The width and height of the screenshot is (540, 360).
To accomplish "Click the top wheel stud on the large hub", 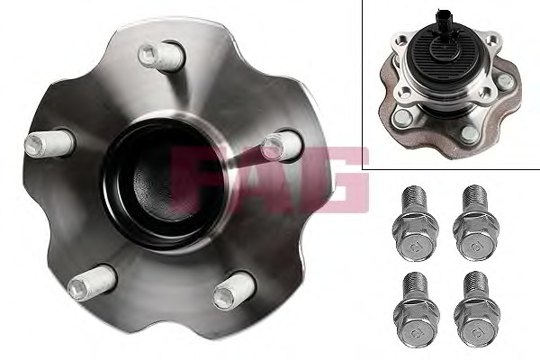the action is pos(161,56).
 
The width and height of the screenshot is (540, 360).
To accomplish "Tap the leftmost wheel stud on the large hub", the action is pos(49,143).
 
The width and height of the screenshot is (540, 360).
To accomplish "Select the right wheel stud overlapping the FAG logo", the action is pos(282,146).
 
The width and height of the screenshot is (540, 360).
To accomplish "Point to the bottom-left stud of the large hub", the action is pos(91,283).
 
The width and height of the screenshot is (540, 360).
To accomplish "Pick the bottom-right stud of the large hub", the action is pos(234,290).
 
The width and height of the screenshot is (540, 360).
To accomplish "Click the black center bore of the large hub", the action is pos(163,184).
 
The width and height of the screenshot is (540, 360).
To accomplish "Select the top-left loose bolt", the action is pos(415,228).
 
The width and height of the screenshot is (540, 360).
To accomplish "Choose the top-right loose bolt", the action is pos(476,228).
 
